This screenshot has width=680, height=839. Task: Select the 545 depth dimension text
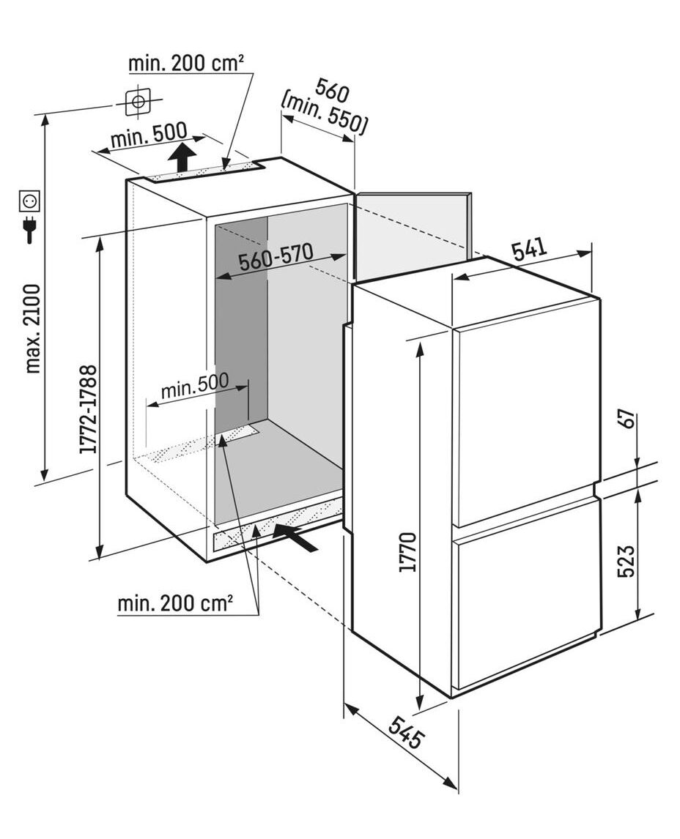(x=405, y=732)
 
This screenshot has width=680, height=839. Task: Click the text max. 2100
(x=34, y=328)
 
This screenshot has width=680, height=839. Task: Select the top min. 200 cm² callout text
(x=186, y=64)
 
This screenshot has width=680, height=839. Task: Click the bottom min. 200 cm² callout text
(x=175, y=604)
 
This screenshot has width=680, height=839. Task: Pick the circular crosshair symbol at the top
(x=138, y=102)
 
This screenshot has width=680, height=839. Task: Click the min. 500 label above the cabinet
(x=148, y=136)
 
